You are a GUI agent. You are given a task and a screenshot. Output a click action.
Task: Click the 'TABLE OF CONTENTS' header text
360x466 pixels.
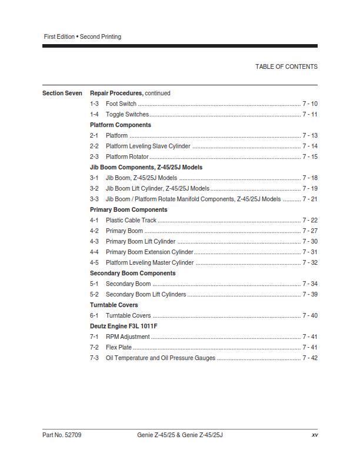click(x=286, y=66)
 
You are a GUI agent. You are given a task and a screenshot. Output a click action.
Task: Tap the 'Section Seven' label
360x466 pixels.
click(x=62, y=93)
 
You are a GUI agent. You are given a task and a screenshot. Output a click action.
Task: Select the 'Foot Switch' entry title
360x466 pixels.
click(x=121, y=104)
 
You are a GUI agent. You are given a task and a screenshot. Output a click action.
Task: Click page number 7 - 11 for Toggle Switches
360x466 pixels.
click(x=310, y=114)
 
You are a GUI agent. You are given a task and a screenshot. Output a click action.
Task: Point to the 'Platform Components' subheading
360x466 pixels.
click(x=120, y=125)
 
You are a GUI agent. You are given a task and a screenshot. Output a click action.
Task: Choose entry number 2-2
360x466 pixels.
click(x=94, y=146)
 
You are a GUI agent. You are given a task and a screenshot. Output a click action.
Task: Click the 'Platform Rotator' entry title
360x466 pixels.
click(x=127, y=157)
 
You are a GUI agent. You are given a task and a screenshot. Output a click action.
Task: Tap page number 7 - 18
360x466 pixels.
click(x=310, y=178)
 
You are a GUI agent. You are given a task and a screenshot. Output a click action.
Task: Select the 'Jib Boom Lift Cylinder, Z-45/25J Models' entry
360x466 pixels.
click(x=157, y=188)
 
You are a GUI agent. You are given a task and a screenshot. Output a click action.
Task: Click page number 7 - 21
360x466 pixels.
click(x=310, y=199)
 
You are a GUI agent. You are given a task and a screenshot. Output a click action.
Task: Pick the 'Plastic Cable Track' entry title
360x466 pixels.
click(x=131, y=220)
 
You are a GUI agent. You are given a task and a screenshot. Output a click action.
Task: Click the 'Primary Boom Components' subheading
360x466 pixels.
click(x=128, y=209)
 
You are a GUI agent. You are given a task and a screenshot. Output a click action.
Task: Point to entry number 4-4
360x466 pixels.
click(x=94, y=252)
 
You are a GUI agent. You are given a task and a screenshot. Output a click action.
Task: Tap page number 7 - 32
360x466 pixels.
click(x=310, y=262)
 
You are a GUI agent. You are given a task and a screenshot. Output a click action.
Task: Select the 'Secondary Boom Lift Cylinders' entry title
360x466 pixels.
click(x=146, y=294)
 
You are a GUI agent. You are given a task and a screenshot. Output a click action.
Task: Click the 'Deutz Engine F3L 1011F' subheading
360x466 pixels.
click(x=124, y=326)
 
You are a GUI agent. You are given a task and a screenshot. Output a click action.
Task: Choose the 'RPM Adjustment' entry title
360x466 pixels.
click(x=128, y=337)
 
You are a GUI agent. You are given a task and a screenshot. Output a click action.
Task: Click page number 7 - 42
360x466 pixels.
click(x=310, y=358)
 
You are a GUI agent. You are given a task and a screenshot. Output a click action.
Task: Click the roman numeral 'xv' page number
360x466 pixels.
click(x=314, y=435)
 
